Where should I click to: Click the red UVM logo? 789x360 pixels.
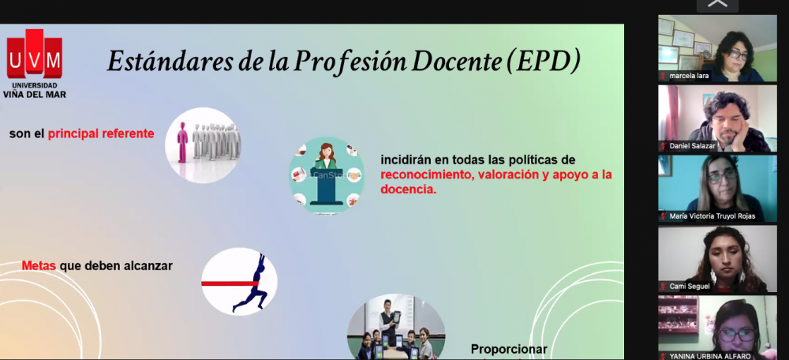34,54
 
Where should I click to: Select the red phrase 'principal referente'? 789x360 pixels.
101,134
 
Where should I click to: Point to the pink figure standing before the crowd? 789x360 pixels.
182,142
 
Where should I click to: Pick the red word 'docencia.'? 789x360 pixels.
409,189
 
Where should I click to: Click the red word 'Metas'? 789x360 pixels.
39,265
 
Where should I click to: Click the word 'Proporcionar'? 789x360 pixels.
509,349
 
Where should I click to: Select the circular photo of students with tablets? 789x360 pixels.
396,327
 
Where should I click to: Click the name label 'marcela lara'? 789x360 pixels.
690,76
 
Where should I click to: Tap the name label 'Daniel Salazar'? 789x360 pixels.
692,146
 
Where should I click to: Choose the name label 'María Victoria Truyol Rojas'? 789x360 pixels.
712,216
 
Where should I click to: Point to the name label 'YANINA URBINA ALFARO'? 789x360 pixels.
710,356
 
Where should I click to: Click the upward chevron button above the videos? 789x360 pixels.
717,5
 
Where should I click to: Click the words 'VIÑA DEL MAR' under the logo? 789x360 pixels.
34,94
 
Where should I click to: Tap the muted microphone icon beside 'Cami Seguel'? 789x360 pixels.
664,287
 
